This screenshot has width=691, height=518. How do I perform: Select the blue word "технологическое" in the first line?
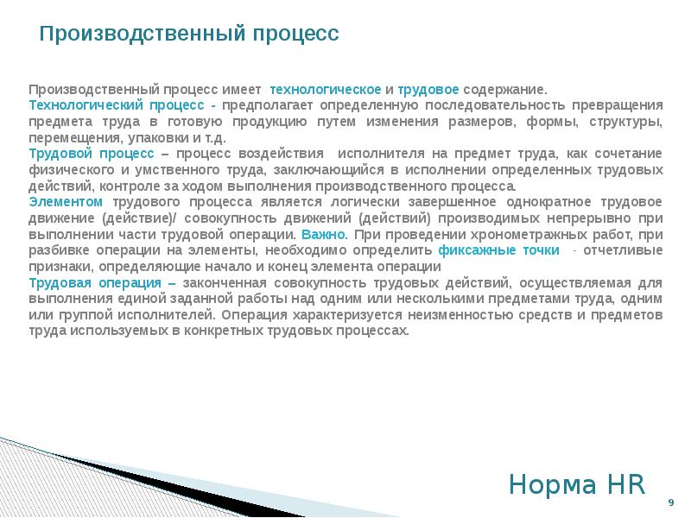click(x=326, y=90)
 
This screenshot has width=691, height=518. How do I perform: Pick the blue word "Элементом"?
click(x=62, y=201)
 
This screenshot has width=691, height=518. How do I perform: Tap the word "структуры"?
click(x=627, y=122)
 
